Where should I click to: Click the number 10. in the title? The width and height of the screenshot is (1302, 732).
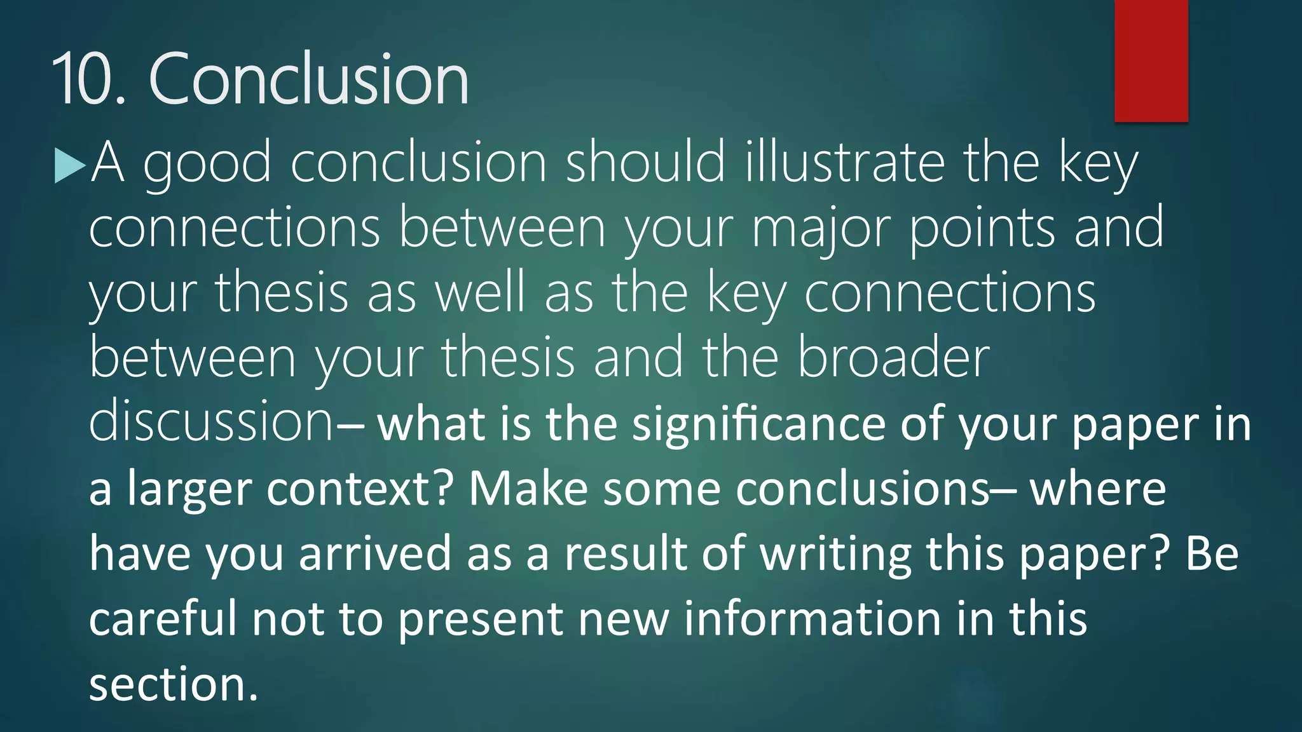pos(89,79)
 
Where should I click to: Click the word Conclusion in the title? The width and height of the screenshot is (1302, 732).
pos(308,79)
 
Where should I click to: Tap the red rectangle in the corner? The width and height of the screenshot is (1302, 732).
pos(1151,60)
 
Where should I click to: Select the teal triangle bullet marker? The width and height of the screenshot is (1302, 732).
pos(69,166)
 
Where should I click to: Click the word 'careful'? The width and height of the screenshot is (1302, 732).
pos(163,619)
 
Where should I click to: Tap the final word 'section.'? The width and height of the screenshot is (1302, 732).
pos(174,685)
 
